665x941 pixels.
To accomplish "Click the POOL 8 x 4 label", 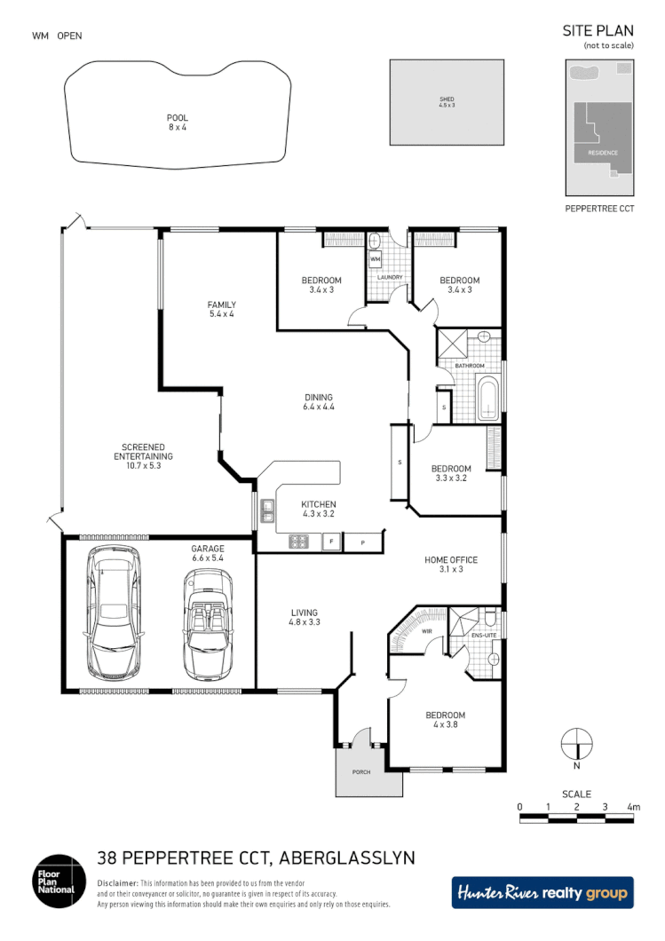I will tap(178, 123).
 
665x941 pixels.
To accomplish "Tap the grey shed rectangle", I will tap(447, 102).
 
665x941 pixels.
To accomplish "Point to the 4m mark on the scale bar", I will tap(633, 807).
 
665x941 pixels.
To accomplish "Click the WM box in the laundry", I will tap(375, 259).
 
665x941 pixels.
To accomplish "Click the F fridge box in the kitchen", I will tap(331, 541).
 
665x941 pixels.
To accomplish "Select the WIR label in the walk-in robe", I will tap(426, 632).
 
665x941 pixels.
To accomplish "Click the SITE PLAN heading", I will tap(598, 30).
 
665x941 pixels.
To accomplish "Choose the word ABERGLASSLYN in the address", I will tap(347, 858).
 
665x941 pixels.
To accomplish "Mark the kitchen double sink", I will tap(266, 510).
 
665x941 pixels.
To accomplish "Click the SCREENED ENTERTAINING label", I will tap(143, 452).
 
